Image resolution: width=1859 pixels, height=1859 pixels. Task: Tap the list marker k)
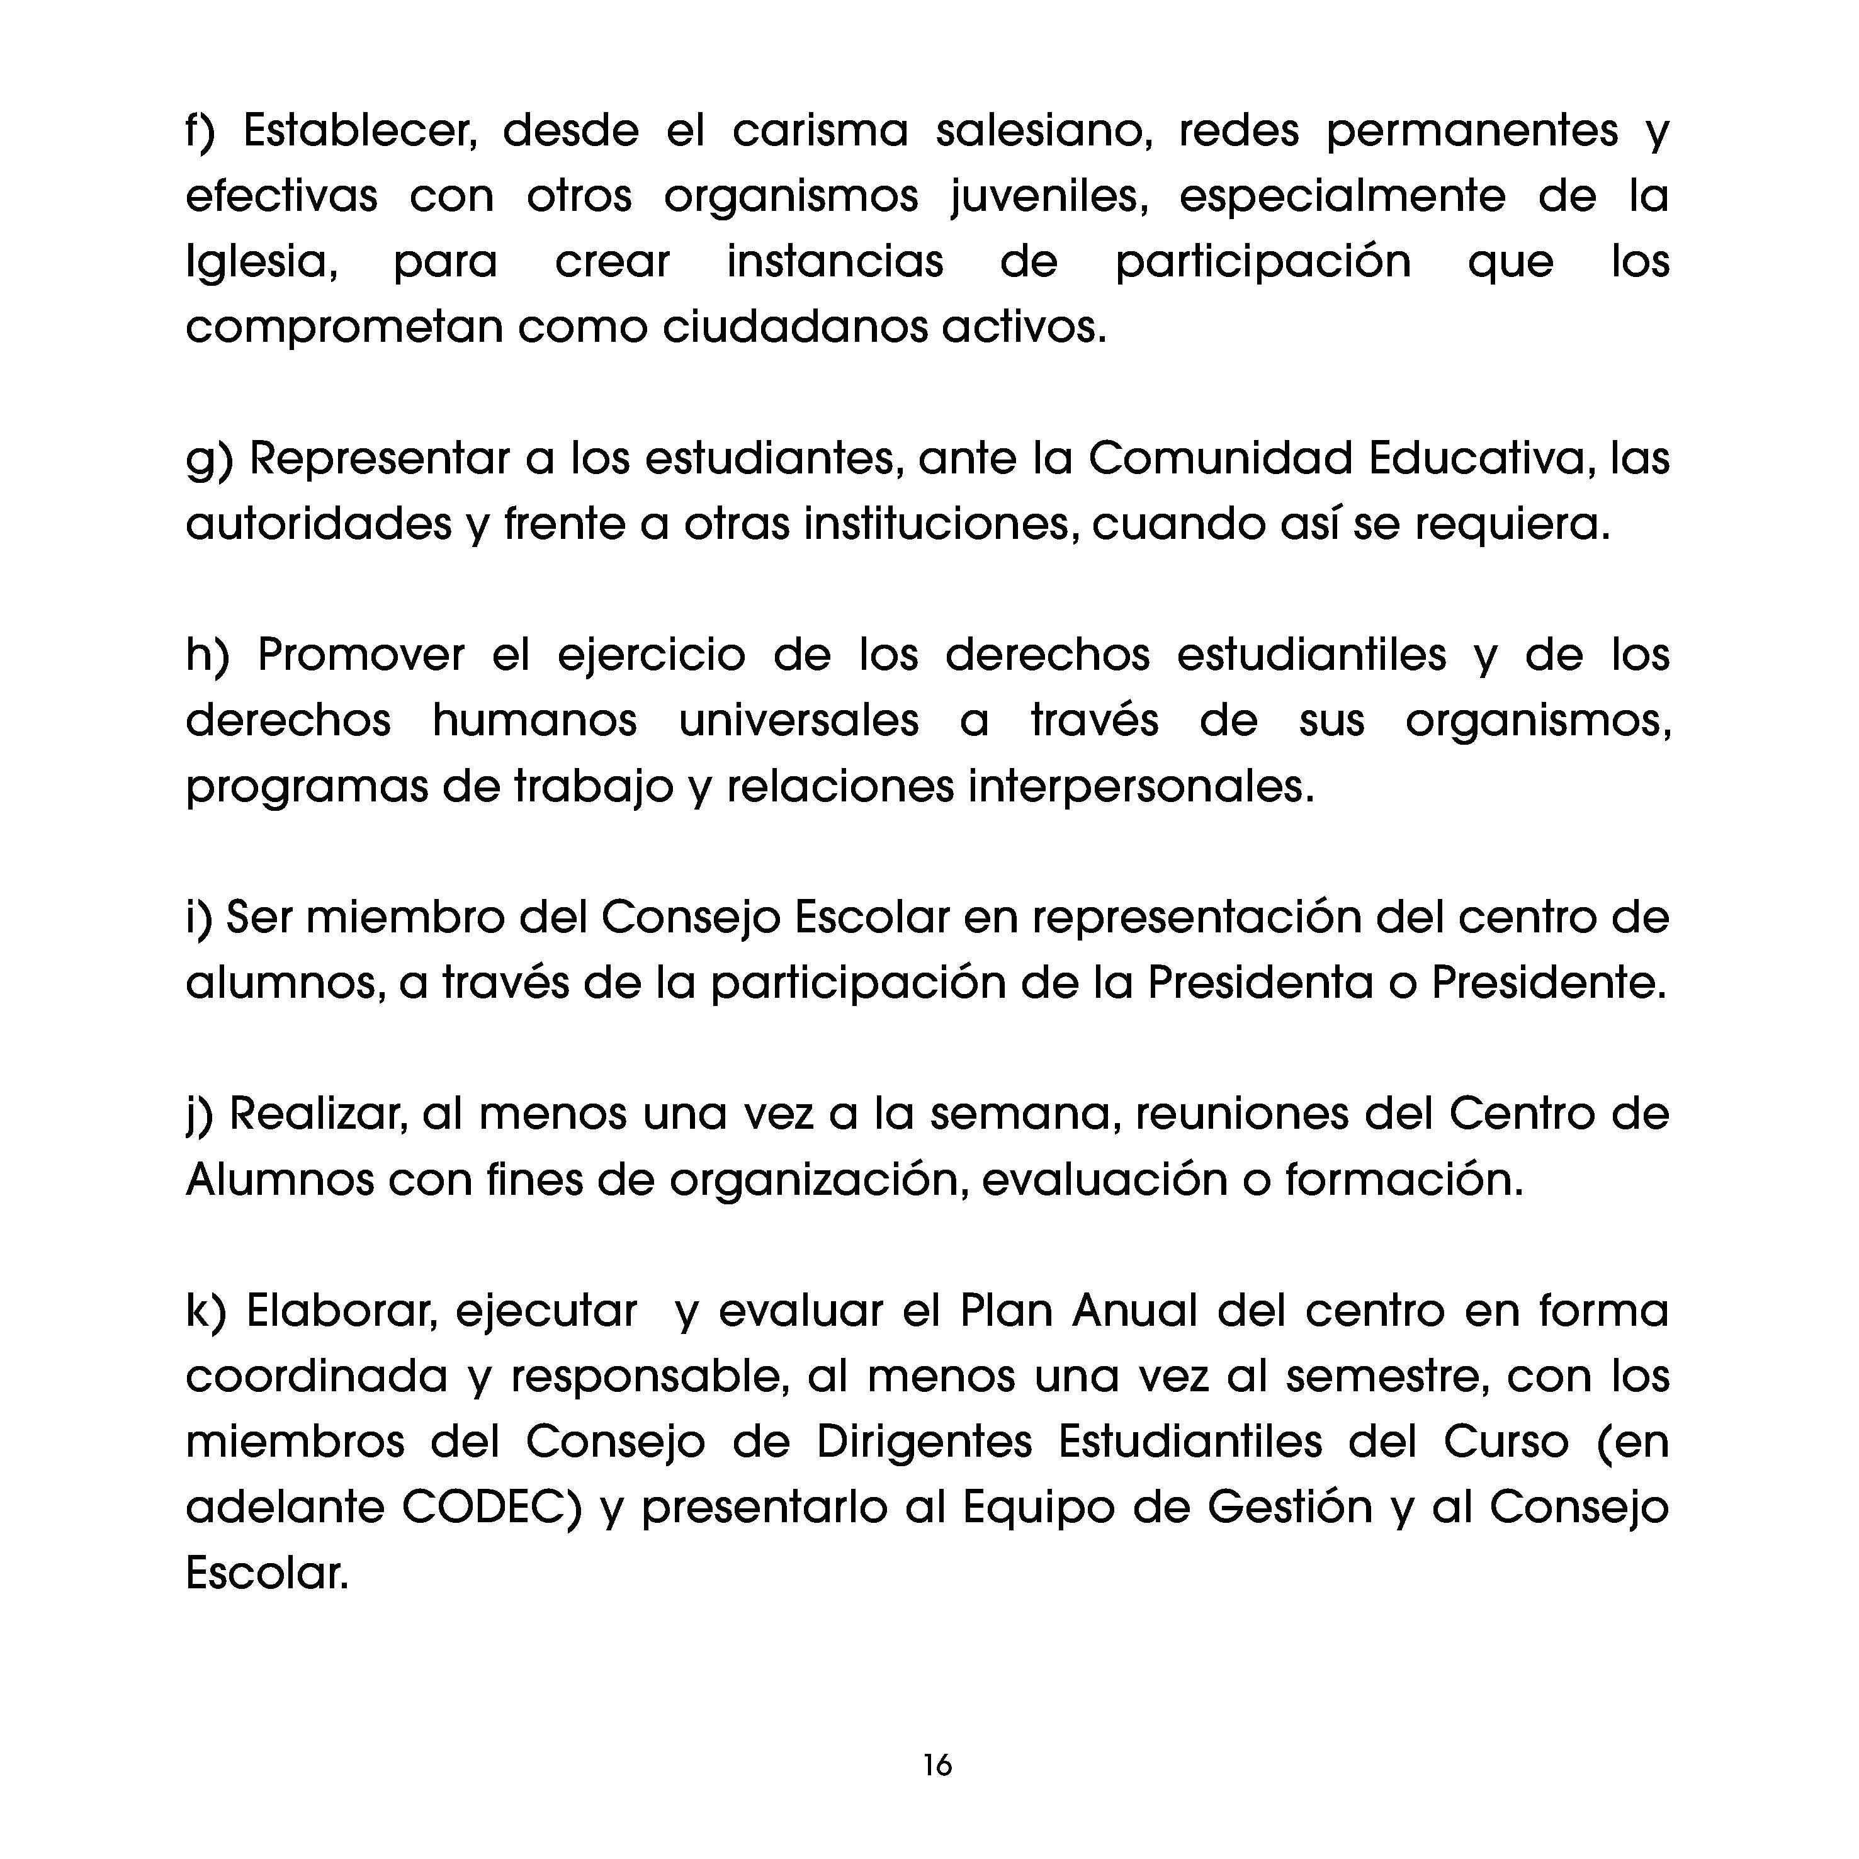[205, 1311]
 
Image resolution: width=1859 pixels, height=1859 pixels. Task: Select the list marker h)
[207, 655]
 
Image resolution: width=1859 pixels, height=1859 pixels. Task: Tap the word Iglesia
[261, 262]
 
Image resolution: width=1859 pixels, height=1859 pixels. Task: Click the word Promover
[361, 655]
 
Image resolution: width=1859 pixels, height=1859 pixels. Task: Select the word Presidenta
[1260, 983]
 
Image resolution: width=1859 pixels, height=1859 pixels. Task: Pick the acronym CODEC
[492, 1508]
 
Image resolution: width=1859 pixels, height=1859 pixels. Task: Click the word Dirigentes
[924, 1442]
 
